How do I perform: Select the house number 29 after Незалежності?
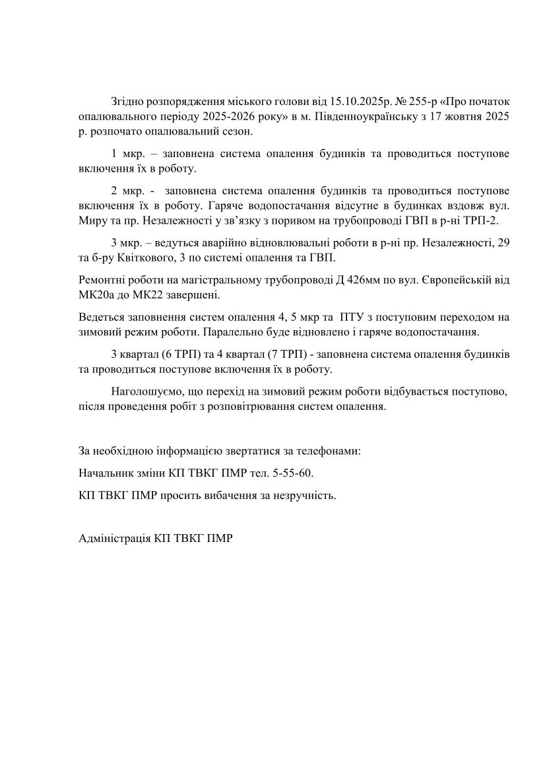[503, 243]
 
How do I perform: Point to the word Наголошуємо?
[146, 391]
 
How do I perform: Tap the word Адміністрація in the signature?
[114, 538]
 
